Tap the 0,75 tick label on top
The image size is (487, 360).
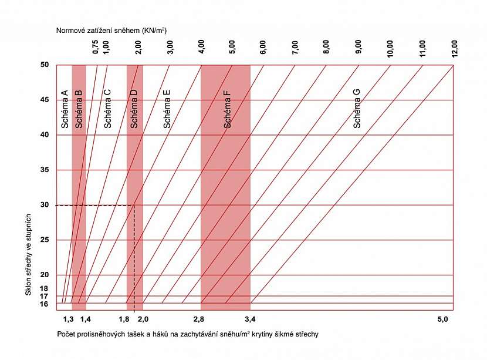(96, 48)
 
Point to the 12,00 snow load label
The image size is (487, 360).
(454, 48)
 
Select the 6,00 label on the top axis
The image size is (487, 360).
(263, 48)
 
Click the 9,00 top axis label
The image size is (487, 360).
(359, 48)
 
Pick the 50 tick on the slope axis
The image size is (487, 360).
(44, 65)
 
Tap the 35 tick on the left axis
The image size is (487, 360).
(44, 170)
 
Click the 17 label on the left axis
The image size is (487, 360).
(44, 296)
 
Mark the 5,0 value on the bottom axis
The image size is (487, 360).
(442, 319)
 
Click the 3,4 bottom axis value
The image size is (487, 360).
(250, 319)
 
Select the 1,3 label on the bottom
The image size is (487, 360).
(68, 319)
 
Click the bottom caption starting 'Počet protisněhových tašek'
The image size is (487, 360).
(188, 334)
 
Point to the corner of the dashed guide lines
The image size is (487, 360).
(134, 206)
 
